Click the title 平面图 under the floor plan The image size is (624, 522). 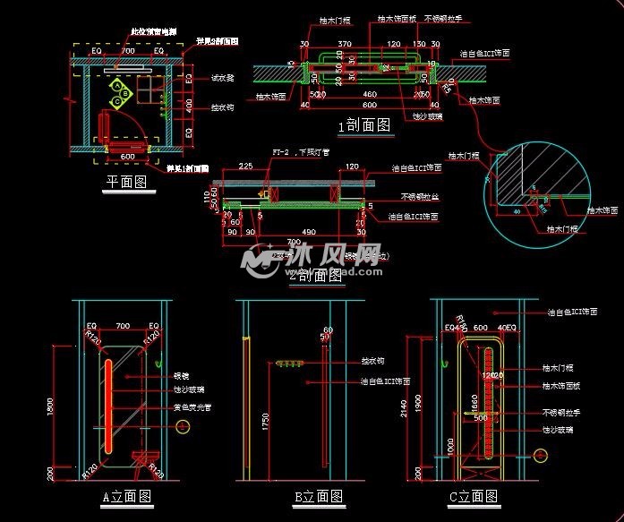coord(125,182)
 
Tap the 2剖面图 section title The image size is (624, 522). coord(317,276)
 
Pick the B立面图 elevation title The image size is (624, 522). coord(318,497)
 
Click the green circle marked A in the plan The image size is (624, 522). coord(116,84)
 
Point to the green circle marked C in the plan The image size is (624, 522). coord(116,102)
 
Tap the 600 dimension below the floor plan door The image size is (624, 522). coord(127,158)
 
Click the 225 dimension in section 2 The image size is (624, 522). coord(246,167)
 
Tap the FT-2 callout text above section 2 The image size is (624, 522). coord(284,152)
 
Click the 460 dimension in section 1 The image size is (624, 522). coord(368,94)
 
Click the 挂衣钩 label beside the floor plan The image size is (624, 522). coord(222,107)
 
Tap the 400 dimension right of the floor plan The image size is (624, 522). coord(189,105)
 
